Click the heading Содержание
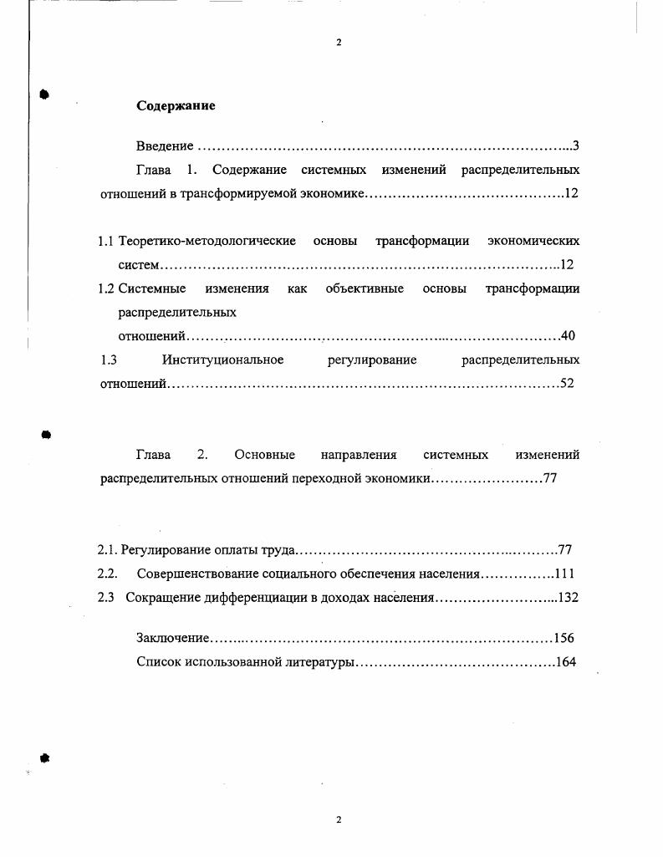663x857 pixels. [176, 106]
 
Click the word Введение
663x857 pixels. [165, 146]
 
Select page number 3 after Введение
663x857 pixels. [576, 146]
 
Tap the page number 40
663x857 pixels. [568, 336]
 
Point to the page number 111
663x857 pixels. [564, 574]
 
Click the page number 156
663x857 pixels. [564, 638]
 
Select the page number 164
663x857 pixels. [566, 662]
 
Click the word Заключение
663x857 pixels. [172, 638]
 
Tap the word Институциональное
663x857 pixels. [222, 360]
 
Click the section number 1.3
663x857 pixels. [107, 360]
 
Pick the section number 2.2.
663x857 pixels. [106, 574]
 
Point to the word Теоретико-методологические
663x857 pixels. [207, 242]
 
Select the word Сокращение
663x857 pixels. [163, 598]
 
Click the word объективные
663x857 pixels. [365, 289]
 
